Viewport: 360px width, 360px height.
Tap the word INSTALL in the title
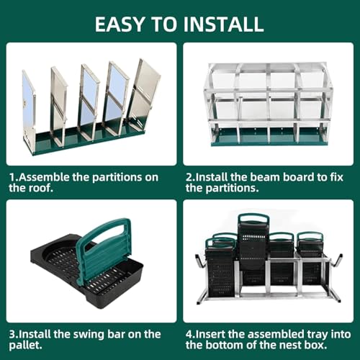coord(225,24)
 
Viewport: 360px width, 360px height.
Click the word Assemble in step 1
coord(44,175)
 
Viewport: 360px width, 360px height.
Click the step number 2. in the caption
coord(190,175)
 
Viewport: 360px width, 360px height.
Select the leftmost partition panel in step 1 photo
coord(29,108)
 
